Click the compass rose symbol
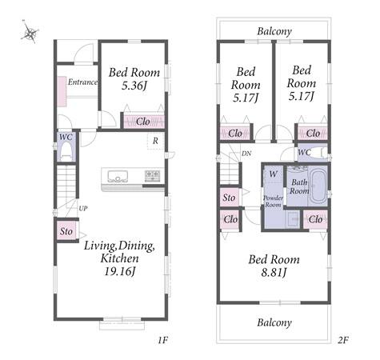pos(30,32)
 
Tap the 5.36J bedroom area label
pos(134,86)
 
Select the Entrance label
pos(82,82)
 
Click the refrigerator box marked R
pos(155,141)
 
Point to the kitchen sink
pos(118,176)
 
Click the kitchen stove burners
pos(152,176)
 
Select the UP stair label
pos(83,208)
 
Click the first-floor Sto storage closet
pos(66,230)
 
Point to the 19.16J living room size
pos(119,271)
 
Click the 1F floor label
pos(162,340)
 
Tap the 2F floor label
pos(343,340)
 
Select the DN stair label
pos(246,154)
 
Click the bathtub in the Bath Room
pos(318,186)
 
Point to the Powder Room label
pos(273,202)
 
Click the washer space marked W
pos(273,174)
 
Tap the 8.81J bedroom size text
pos(274,273)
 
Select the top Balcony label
pos(274,31)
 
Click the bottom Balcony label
pos(274,322)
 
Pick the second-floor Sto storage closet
pos(230,198)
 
